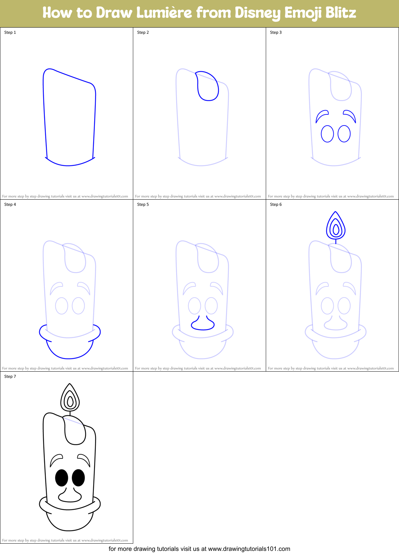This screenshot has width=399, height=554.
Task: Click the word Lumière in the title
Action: (x=164, y=13)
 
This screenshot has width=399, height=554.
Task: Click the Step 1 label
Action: (x=10, y=32)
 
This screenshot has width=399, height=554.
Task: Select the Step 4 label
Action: (x=10, y=204)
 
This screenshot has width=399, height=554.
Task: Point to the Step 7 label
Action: (x=10, y=376)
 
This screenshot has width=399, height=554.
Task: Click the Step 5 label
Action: (x=143, y=204)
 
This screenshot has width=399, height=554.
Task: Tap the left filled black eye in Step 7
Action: (x=62, y=478)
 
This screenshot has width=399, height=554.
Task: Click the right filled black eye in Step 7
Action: (x=78, y=478)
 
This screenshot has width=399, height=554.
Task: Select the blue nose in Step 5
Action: (x=203, y=324)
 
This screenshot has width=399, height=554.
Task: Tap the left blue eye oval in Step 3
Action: (x=327, y=134)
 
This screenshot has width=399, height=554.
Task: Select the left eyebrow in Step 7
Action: (x=56, y=460)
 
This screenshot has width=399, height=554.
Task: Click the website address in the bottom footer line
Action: (x=249, y=549)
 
